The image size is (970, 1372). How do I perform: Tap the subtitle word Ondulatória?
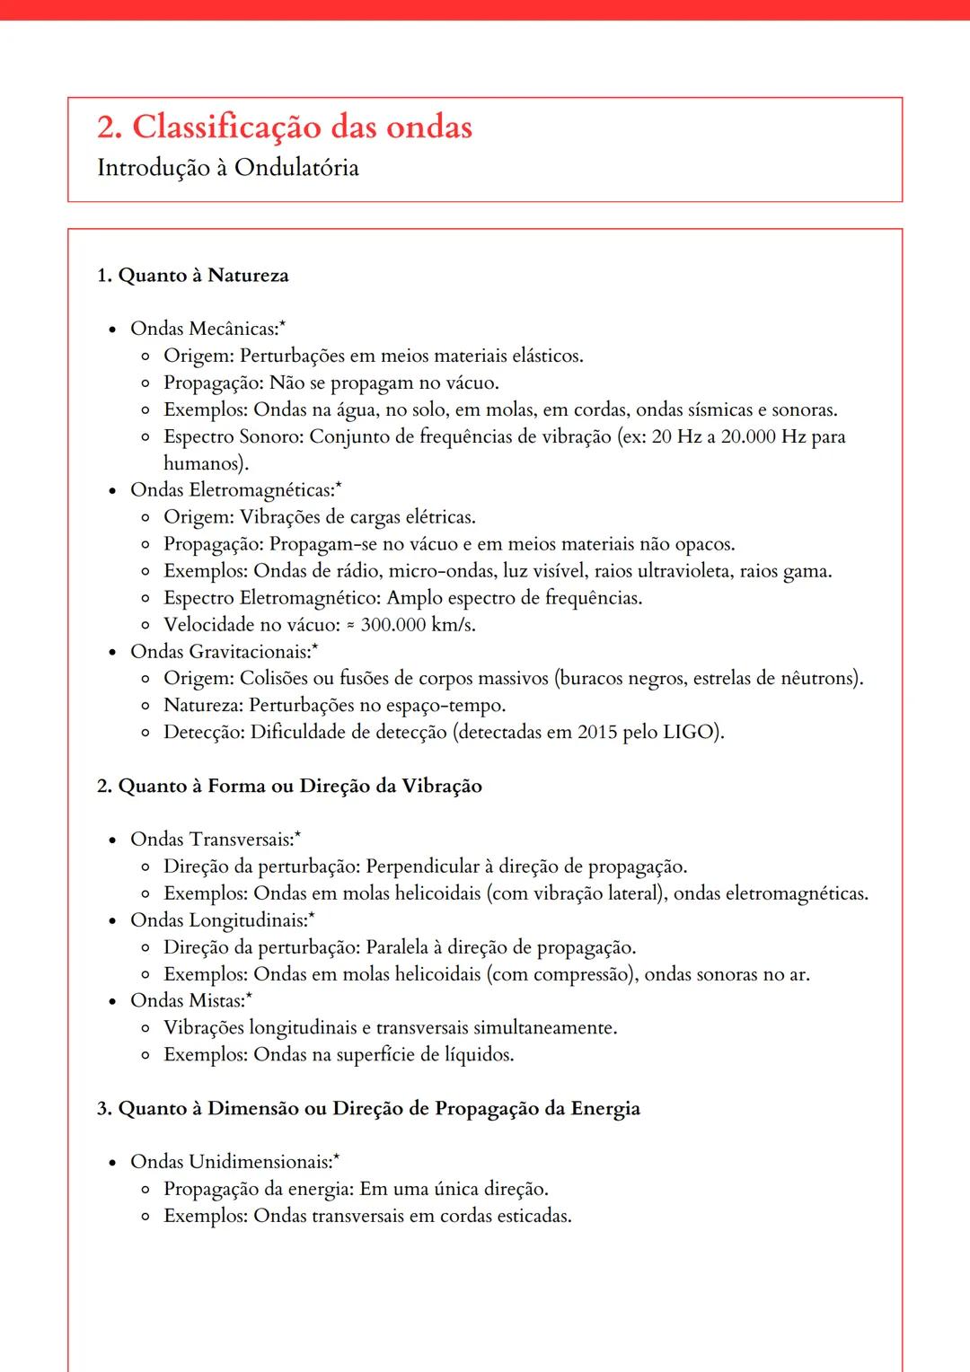296,168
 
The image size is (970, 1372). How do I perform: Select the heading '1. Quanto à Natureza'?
192,276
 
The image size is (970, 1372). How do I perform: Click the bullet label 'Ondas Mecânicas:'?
205,329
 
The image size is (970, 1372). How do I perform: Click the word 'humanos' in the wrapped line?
203,464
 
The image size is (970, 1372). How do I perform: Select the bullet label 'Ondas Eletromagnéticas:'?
232,490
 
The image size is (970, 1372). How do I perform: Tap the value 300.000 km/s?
418,625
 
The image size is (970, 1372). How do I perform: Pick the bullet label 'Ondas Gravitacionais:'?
220,652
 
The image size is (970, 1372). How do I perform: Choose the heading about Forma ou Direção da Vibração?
289,787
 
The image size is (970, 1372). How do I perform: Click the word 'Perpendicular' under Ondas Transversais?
422,867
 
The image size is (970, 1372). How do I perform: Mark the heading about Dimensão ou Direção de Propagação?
368,1109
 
